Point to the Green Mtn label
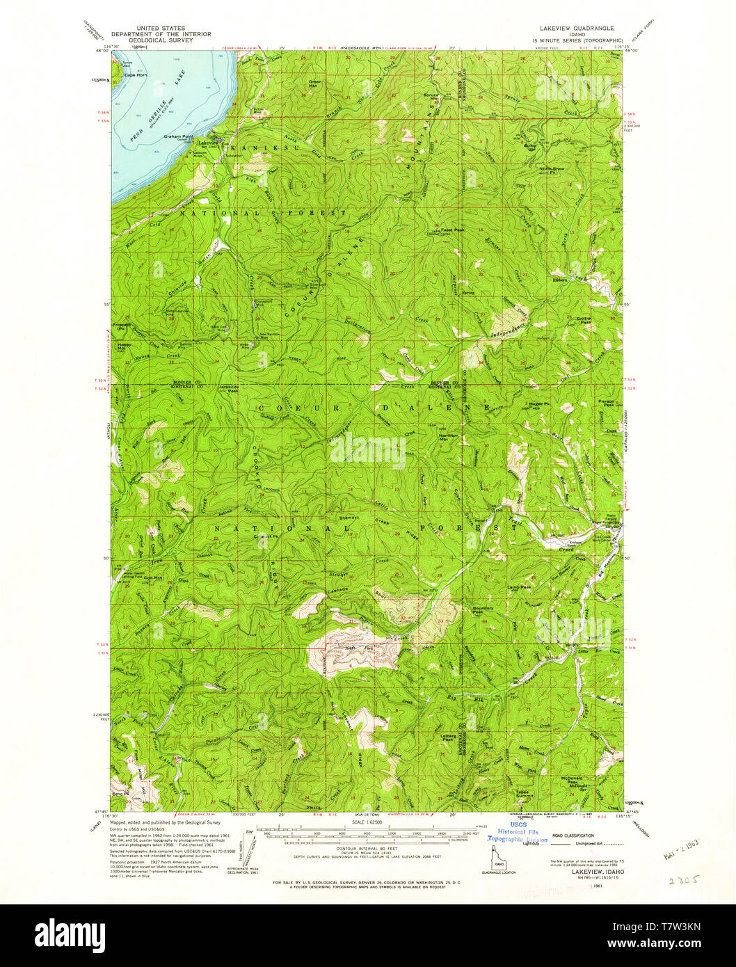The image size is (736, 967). tap(315, 83)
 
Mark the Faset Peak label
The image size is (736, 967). tap(445, 229)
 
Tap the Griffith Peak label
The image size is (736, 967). tap(584, 320)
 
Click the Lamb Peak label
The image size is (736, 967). tap(518, 587)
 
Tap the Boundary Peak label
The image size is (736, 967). tap(483, 610)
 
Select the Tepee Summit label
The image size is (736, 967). tap(525, 793)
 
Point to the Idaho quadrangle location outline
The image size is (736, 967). tap(498, 861)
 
